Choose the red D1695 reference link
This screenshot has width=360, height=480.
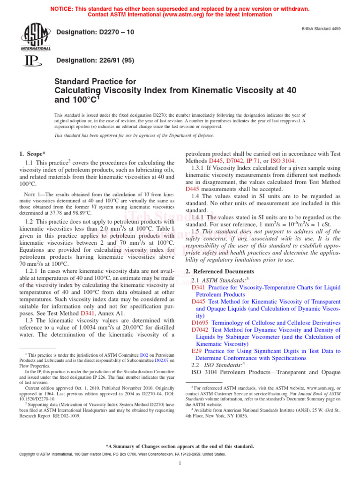pos(200,322)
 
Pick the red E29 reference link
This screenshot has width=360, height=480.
pos(197,351)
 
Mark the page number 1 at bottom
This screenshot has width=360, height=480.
pos(180,464)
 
